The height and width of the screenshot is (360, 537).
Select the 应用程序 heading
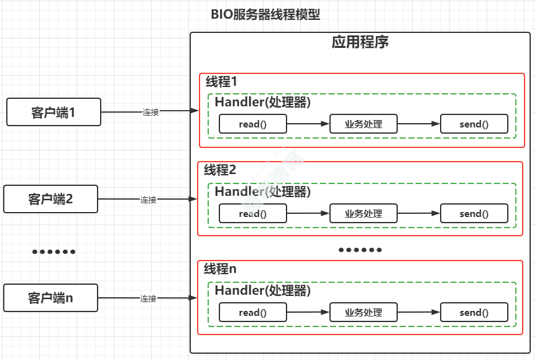[x=360, y=43]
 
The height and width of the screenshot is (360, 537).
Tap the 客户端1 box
[x=53, y=113]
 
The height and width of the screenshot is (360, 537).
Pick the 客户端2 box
[x=50, y=199]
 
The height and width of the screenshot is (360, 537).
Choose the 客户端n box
[x=50, y=298]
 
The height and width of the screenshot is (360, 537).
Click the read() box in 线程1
[x=252, y=124]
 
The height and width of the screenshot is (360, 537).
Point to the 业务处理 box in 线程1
[x=364, y=124]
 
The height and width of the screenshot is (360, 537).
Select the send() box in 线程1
[x=474, y=124]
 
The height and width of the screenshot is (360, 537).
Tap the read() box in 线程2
[x=252, y=214]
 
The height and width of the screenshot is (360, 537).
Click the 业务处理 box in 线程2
[x=364, y=214]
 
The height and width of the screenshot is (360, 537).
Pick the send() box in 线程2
[x=474, y=214]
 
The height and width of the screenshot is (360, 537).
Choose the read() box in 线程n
[x=252, y=313]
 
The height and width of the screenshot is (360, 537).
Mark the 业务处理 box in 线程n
[x=364, y=313]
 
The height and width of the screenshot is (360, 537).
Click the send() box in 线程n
[x=474, y=313]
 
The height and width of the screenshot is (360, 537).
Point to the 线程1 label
[x=222, y=81]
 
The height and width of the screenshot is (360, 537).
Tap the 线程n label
[x=220, y=269]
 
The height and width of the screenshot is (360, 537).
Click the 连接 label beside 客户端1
[x=150, y=113]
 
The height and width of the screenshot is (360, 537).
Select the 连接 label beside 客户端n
[x=148, y=298]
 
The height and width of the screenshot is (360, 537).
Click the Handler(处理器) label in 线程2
[x=262, y=192]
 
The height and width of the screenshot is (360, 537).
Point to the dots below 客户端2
[x=53, y=252]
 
